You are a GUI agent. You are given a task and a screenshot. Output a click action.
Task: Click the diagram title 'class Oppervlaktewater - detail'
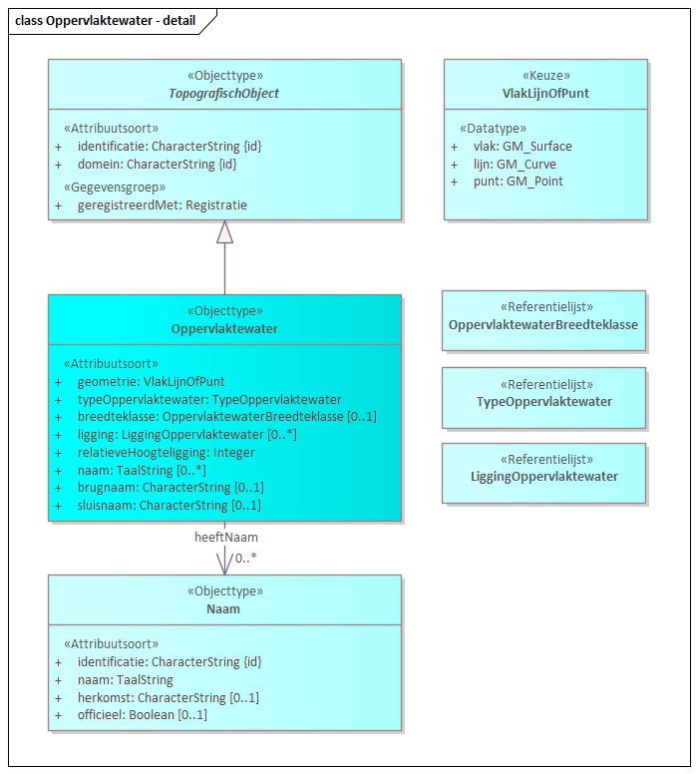104,20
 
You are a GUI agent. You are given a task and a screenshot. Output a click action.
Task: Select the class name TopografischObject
224,94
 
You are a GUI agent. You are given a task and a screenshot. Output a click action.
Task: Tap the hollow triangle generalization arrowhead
224,231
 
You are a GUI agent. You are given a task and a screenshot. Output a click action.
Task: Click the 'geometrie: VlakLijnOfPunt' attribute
151,381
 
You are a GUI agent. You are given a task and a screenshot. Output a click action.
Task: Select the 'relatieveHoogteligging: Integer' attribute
166,452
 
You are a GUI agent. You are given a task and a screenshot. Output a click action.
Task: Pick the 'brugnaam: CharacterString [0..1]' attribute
170,488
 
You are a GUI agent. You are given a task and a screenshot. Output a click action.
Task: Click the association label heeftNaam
226,537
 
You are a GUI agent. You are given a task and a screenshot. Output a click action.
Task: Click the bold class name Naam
224,608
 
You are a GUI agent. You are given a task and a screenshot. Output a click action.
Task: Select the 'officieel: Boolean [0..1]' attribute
142,715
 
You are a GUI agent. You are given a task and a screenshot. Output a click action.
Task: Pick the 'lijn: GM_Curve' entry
515,164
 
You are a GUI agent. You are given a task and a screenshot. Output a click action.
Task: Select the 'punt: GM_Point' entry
518,182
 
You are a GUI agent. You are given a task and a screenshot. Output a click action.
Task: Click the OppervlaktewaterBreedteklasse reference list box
543,320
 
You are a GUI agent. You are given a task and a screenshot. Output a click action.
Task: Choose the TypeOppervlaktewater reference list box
543,396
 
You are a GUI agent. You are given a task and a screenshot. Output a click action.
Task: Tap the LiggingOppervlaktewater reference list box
543,472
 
